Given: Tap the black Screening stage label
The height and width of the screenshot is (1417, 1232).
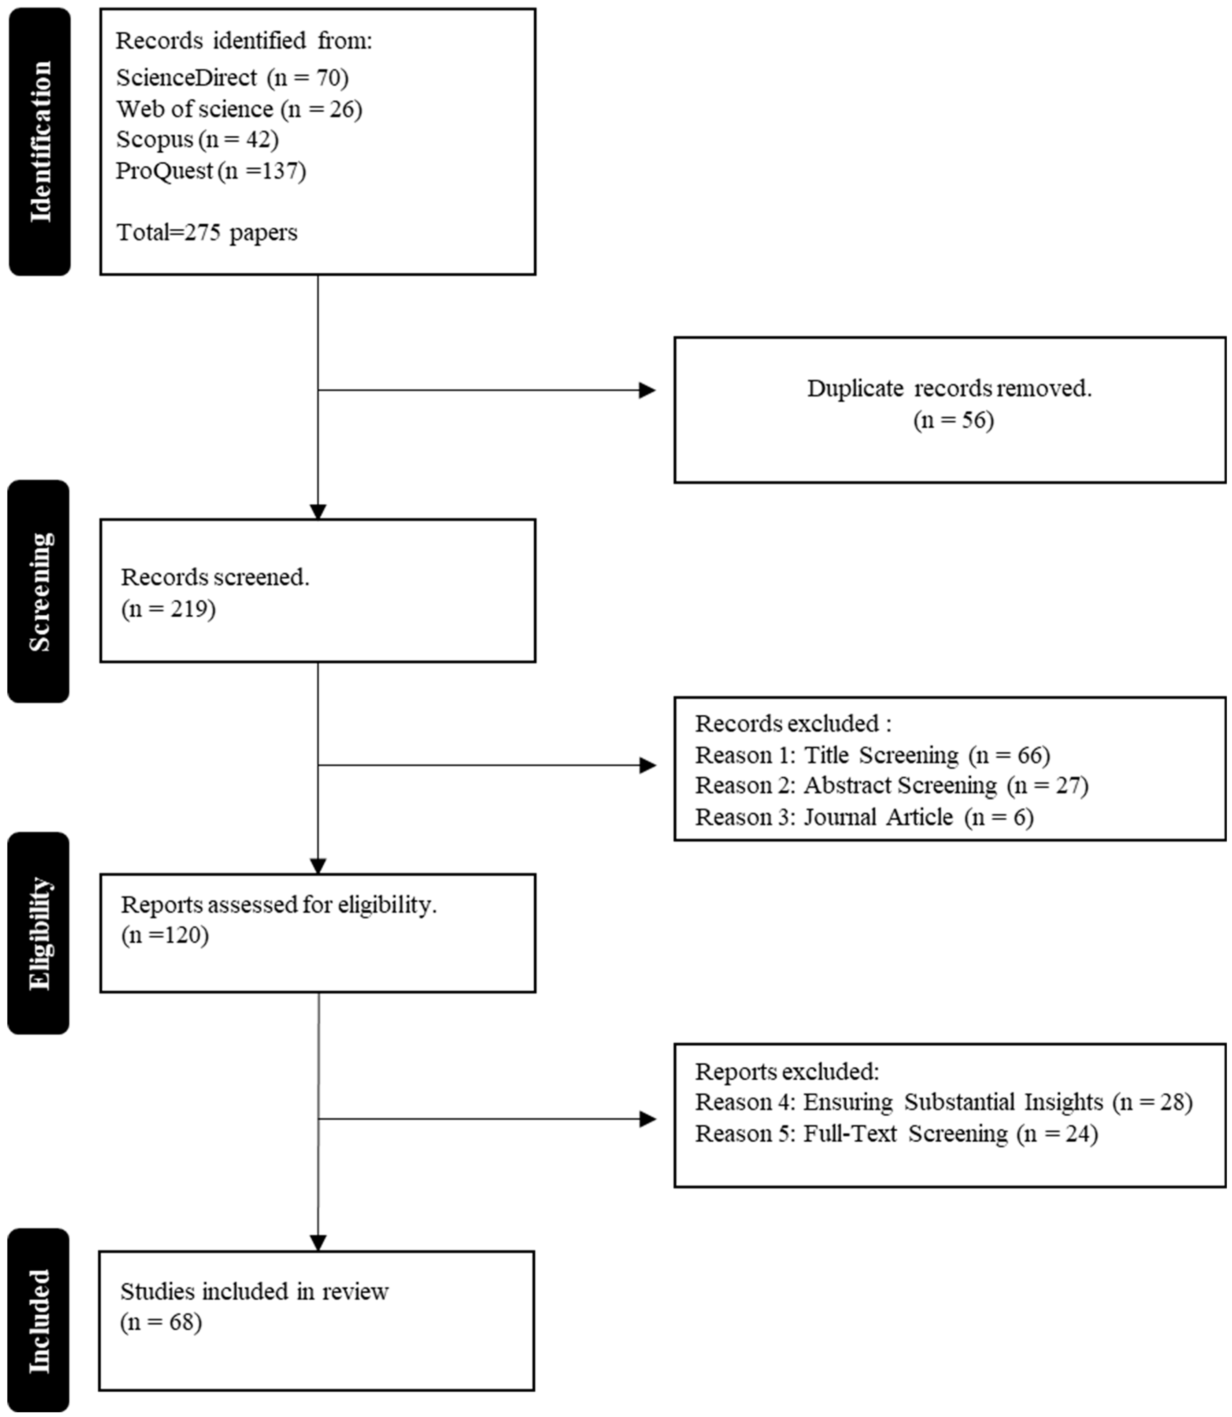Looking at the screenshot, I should click(x=38, y=591).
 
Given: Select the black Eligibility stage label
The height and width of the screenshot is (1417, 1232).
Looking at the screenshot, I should click(x=38, y=932).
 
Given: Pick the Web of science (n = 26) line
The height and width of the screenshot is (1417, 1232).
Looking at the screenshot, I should click(x=239, y=109).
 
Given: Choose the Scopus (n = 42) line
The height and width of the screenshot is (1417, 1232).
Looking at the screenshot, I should click(x=197, y=139).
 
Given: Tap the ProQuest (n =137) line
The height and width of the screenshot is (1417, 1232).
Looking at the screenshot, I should click(x=210, y=171).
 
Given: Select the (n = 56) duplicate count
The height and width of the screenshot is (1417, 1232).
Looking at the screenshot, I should click(x=953, y=420).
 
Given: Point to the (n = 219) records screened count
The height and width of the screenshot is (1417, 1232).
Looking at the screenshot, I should click(x=169, y=609).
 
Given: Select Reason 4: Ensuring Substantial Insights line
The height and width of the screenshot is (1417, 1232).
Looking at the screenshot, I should click(x=943, y=1102).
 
